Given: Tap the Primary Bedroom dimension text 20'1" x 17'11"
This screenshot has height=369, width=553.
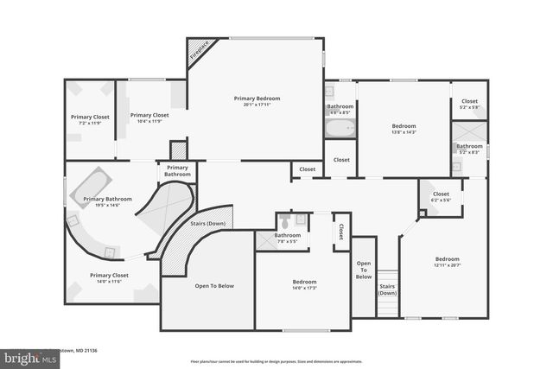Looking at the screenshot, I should coord(257,105).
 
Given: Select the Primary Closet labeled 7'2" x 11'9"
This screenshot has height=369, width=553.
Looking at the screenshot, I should coord(90,119).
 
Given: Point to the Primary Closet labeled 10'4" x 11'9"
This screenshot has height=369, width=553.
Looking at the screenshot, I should coord(149,118).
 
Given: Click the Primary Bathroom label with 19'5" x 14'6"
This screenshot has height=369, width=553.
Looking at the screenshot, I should coord(107,201).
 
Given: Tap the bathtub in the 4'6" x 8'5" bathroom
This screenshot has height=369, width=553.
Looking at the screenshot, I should coord(340,130).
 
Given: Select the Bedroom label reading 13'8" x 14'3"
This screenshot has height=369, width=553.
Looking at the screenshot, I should coord(404,129).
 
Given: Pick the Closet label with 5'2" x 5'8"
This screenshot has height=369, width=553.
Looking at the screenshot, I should coord(469,104).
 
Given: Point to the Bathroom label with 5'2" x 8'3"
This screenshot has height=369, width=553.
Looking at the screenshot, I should coord(469,149).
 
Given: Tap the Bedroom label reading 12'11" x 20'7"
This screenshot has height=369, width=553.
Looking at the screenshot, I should coord(447,262).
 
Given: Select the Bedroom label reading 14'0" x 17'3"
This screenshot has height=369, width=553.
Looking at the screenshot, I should coord(304,284).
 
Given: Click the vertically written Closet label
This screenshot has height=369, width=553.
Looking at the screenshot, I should coord(341,231).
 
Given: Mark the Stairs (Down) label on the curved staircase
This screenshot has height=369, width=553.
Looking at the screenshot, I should coord(206,224).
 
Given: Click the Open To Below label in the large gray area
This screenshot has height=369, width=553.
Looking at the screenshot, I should coord(213,286).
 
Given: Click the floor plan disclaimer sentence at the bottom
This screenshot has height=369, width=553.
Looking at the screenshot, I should coord(276,360).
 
